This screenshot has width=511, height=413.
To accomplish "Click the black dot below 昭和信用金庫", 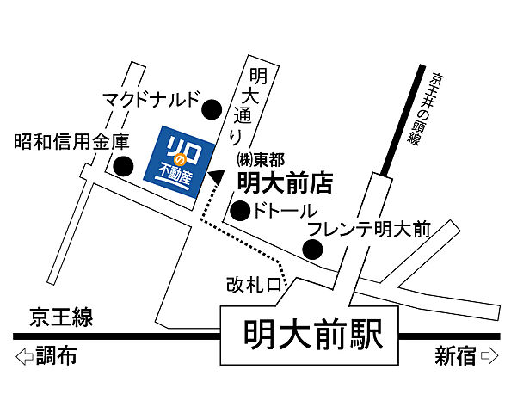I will coord(124,166).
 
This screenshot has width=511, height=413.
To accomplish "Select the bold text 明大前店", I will coord(284,182).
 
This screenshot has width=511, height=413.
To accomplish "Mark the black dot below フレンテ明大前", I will coord(313,250).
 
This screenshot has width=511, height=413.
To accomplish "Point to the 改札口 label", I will coord(255,285).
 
